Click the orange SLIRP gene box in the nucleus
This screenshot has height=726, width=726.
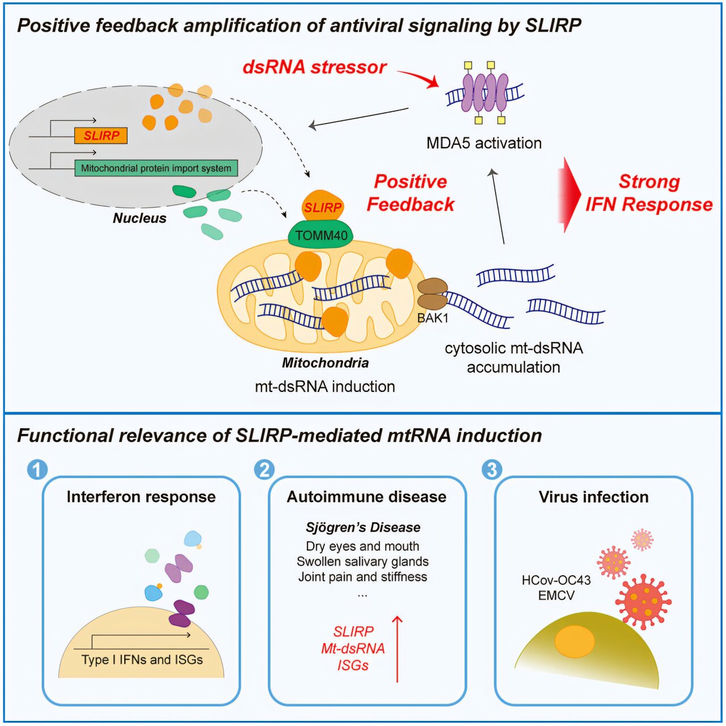[100, 136]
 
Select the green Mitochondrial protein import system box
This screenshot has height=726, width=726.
[156, 168]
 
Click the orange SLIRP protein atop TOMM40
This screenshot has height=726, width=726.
[323, 206]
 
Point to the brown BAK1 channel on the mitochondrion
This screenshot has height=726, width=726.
[433, 293]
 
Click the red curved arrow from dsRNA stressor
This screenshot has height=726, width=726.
[418, 77]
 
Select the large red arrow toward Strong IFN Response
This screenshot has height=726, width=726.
[569, 195]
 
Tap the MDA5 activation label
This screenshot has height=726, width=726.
[484, 143]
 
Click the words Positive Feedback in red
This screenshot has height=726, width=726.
[411, 193]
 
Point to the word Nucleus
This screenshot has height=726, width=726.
[140, 218]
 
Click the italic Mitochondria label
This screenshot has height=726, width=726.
[325, 363]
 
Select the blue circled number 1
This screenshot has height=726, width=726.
[37, 470]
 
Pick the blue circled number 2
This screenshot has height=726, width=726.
[264, 470]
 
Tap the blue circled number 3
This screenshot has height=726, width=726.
[492, 470]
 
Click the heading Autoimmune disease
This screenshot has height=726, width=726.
[366, 497]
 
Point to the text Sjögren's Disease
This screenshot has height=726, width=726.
[363, 527]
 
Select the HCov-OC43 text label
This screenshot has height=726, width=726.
[556, 580]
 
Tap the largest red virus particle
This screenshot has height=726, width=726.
[643, 602]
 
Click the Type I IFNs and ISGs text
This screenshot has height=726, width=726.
[142, 660]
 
